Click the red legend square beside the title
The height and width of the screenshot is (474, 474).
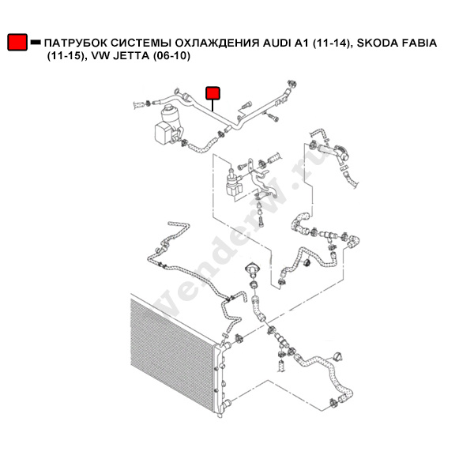[x=17, y=42]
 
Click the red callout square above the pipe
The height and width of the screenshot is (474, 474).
[x=213, y=93]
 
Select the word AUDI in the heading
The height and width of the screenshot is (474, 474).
[x=276, y=43]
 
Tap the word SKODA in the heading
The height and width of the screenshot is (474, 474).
[x=377, y=43]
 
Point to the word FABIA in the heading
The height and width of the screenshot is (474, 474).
[x=419, y=43]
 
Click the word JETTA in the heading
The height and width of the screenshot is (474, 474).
[x=131, y=56]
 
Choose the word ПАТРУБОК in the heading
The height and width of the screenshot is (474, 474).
[x=76, y=43]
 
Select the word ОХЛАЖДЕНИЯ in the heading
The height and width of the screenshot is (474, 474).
[x=217, y=43]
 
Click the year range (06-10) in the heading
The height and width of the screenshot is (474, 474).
[x=171, y=56]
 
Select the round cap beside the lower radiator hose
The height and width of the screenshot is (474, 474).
[x=337, y=357]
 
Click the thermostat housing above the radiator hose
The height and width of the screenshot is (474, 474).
[x=252, y=269]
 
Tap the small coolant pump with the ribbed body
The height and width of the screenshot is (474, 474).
[x=234, y=184]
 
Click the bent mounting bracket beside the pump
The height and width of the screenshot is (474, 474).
[x=261, y=179]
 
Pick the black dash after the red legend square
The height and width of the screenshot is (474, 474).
[x=36, y=43]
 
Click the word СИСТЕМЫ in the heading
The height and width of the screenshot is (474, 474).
[x=141, y=43]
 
